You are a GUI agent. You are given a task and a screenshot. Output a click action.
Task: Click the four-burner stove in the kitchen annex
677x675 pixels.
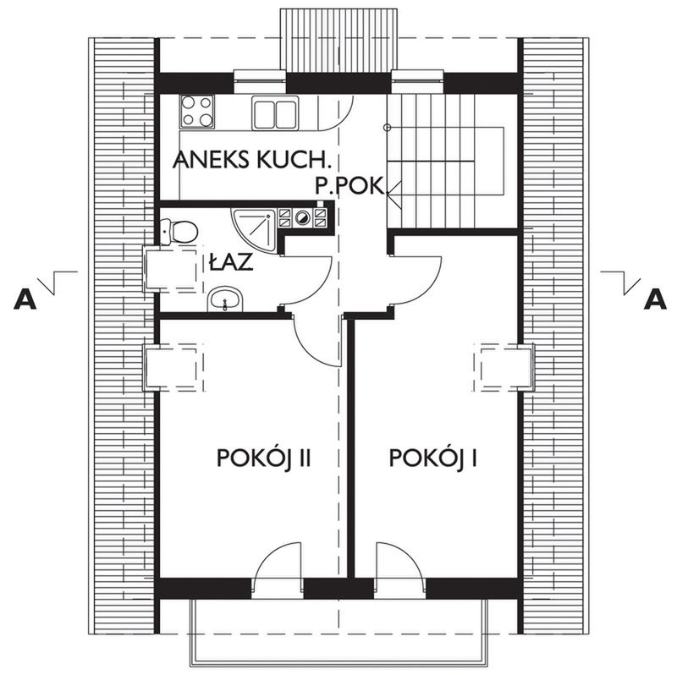(x=197, y=111)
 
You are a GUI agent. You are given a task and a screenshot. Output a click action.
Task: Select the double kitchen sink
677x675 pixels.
(x=275, y=112)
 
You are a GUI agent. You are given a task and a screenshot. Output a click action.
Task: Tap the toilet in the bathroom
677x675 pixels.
(x=179, y=229)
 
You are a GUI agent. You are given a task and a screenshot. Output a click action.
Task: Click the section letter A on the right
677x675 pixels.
(x=653, y=298)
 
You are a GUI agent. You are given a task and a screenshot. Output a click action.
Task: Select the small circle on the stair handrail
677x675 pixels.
(x=387, y=128)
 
